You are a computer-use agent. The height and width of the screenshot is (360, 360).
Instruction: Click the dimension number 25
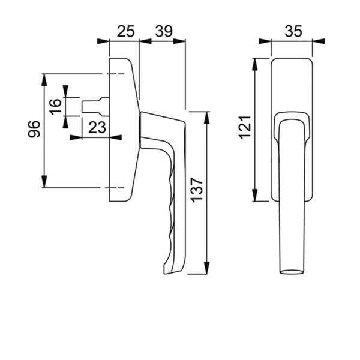click(x=124, y=31)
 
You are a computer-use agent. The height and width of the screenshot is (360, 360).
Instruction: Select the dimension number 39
click(x=162, y=31)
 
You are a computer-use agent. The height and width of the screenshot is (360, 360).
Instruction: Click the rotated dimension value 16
click(x=55, y=107)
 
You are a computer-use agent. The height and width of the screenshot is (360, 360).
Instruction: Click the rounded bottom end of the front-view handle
click(x=292, y=272)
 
